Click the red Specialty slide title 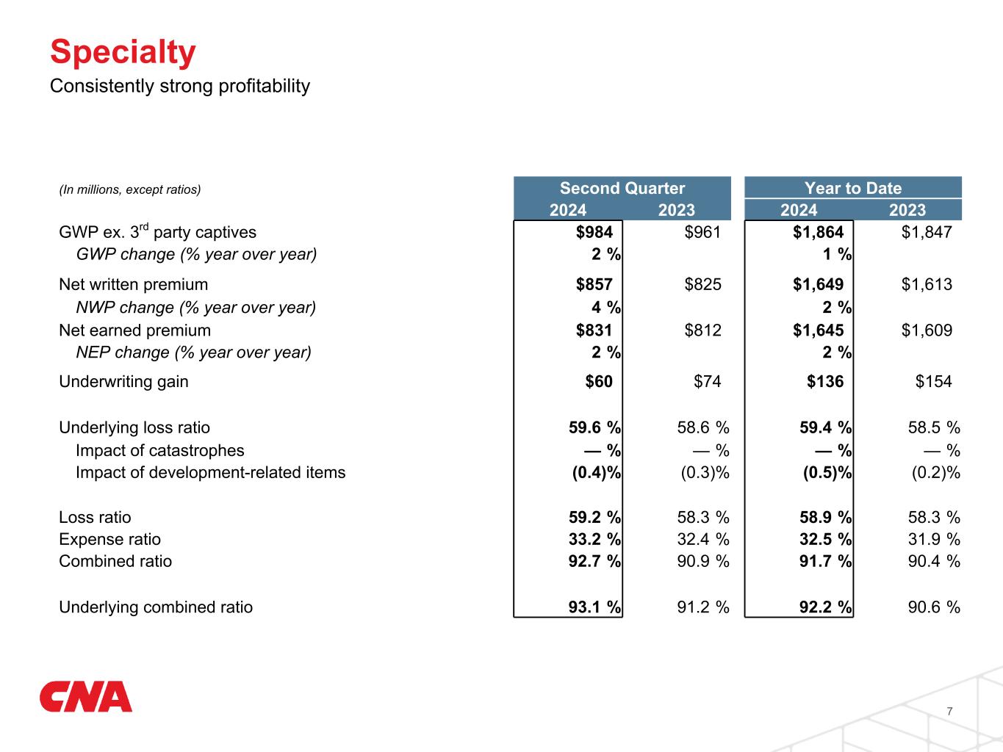(x=123, y=52)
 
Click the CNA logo (x=86, y=697)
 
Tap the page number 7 (x=950, y=711)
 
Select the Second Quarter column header (x=622, y=188)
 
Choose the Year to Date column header (x=852, y=188)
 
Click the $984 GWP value (x=594, y=232)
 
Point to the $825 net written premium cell (x=702, y=284)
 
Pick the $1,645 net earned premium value (x=818, y=330)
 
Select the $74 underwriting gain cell (x=707, y=381)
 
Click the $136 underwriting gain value (x=825, y=381)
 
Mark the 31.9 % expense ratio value (x=934, y=539)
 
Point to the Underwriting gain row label (x=123, y=381)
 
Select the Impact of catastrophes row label (x=159, y=450)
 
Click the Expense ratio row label (x=109, y=539)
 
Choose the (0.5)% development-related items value (x=827, y=472)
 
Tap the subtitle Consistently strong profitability (x=180, y=86)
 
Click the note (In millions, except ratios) (x=129, y=189)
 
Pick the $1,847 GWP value (x=927, y=232)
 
